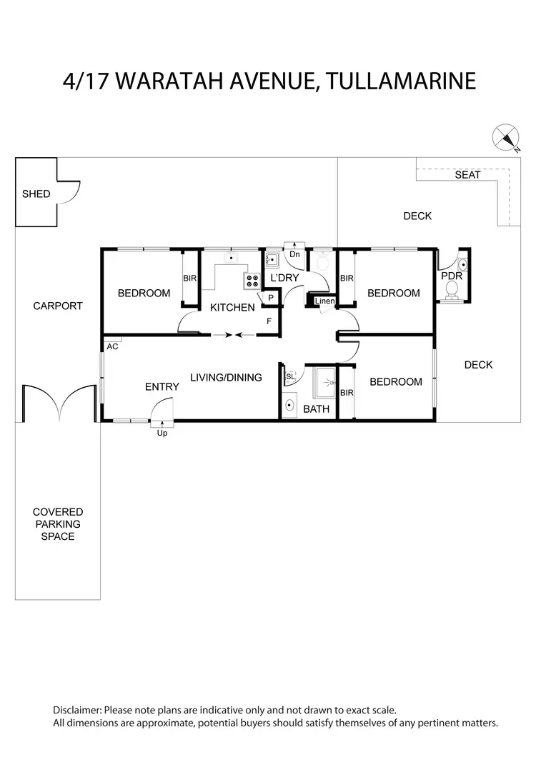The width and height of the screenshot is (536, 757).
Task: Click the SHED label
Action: click(x=36, y=194)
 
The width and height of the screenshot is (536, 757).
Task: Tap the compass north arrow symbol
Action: click(x=507, y=138)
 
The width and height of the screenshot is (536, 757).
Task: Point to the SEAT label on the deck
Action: click(x=467, y=175)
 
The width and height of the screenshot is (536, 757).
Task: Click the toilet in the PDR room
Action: click(x=452, y=289)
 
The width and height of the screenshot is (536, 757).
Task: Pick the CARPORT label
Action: click(x=58, y=306)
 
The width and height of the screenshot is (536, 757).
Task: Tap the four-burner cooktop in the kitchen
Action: click(x=252, y=281)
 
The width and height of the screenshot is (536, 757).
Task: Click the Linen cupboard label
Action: click(x=325, y=301)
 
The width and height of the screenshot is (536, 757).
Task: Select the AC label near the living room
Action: click(x=112, y=346)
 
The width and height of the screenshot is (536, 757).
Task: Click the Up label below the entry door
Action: click(x=162, y=433)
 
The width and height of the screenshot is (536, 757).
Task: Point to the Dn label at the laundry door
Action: click(x=294, y=254)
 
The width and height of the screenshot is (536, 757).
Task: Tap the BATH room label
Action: click(x=316, y=409)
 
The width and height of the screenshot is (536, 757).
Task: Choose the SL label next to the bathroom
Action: click(x=290, y=376)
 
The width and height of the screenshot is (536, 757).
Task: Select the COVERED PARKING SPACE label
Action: click(x=58, y=524)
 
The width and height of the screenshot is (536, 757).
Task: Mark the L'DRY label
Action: click(x=284, y=278)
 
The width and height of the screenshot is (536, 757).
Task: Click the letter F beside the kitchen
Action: click(x=269, y=321)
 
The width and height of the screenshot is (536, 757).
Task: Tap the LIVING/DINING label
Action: click(x=226, y=377)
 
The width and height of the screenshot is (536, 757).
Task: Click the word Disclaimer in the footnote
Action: click(x=77, y=711)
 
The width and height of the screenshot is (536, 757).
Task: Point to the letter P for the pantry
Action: click(x=271, y=298)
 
